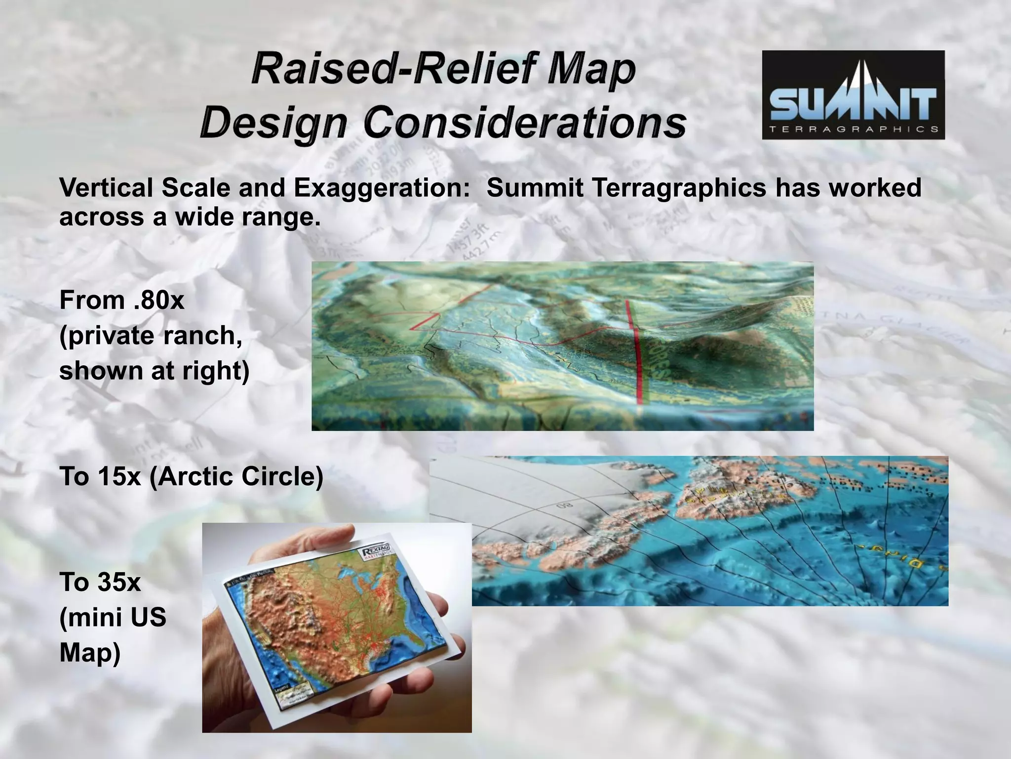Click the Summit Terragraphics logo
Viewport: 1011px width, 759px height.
point(853,94)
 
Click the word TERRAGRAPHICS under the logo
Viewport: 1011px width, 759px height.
point(854,129)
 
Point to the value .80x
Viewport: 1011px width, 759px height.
point(158,300)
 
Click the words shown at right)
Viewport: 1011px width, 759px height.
point(154,371)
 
